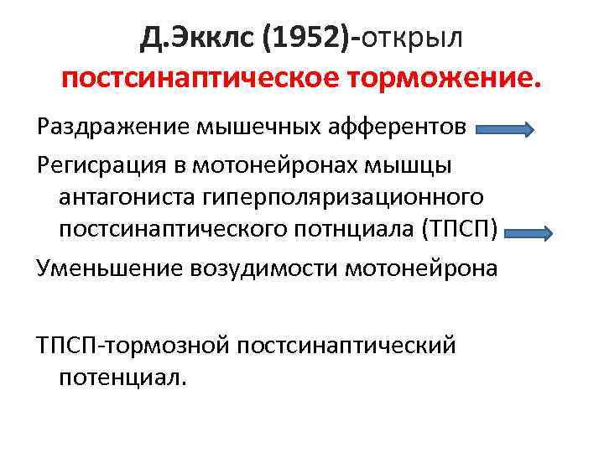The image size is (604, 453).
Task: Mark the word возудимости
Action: point(261,269)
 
